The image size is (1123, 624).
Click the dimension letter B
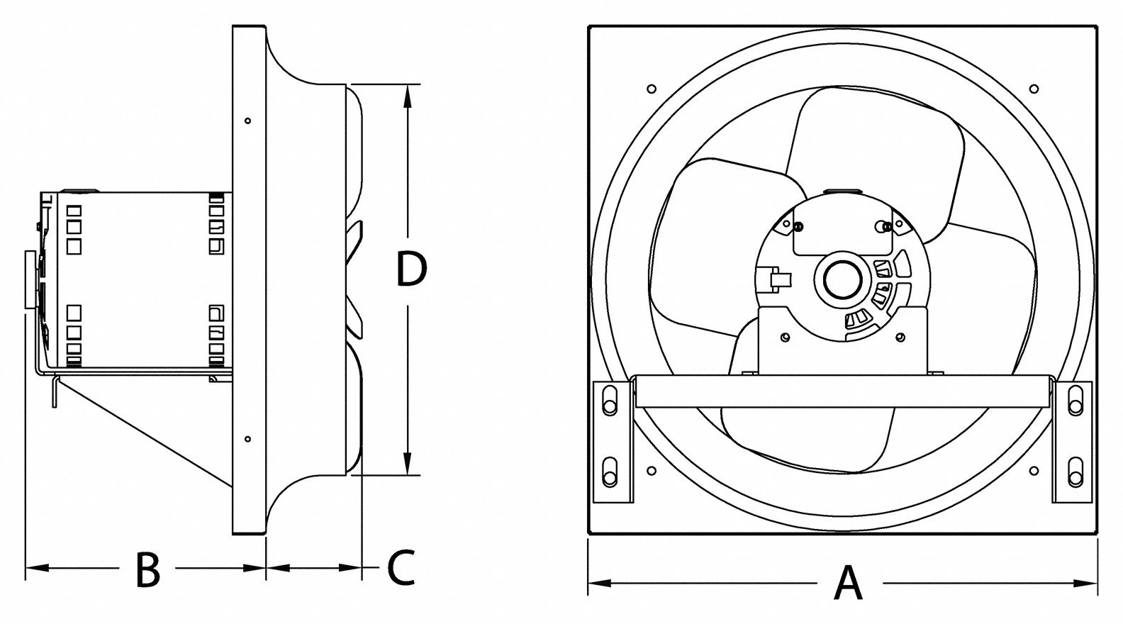(147, 569)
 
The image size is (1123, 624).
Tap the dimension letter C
(401, 568)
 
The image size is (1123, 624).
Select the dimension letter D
(412, 270)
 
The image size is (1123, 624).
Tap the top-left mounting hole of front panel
(652, 89)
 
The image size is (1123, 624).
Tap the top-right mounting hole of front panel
(1034, 89)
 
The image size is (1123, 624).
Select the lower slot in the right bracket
(1075, 471)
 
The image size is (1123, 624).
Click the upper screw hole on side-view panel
(247, 121)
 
